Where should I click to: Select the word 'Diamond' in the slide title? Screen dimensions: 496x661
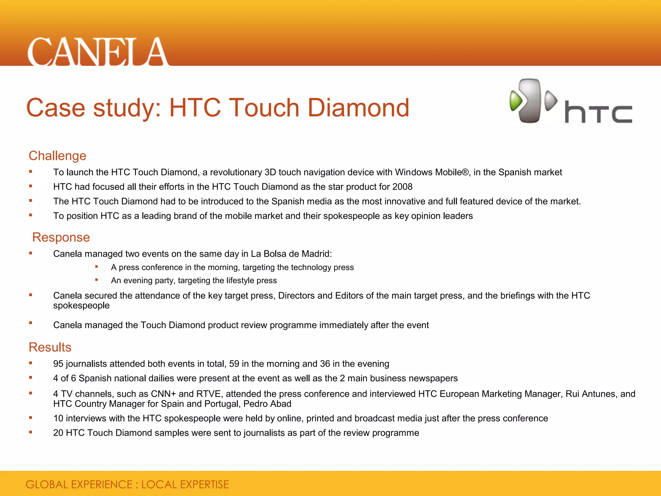tap(358, 108)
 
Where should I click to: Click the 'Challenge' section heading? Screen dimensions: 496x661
tap(57, 156)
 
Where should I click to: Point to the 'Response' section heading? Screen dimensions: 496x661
tap(61, 237)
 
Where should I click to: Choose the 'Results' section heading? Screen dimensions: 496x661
tap(50, 347)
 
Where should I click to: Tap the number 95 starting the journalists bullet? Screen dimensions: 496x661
tap(58, 364)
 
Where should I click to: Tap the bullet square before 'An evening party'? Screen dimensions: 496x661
tap(97, 280)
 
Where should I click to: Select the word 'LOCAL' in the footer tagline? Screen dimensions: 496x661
tap(159, 485)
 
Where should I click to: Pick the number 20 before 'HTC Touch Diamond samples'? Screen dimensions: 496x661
tap(58, 433)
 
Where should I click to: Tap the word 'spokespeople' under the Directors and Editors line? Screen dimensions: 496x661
tap(81, 305)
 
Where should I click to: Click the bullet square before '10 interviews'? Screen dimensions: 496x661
tap(31, 418)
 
